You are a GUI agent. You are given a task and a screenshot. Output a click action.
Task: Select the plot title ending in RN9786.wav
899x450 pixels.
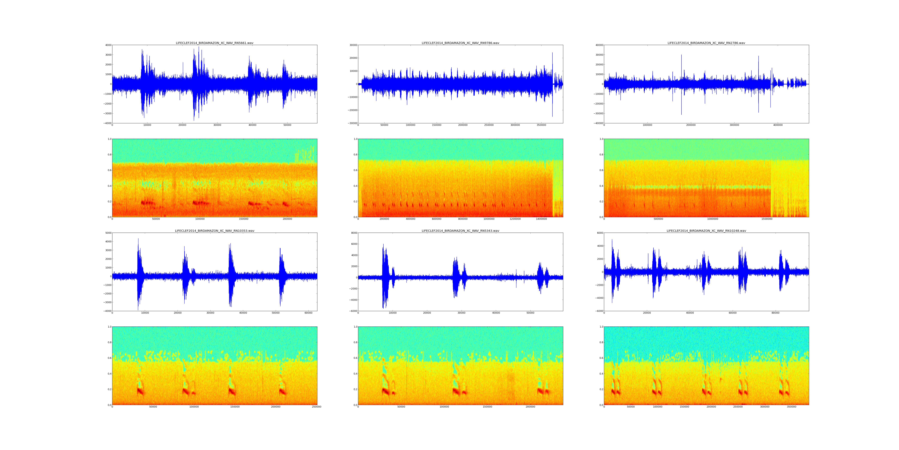pos(460,43)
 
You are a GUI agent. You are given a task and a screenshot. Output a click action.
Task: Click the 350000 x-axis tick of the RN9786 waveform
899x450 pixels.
pos(541,125)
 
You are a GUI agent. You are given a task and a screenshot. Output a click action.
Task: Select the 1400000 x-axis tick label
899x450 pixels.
pos(541,219)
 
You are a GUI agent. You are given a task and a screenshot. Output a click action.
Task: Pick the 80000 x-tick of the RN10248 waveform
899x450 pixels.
pos(775,313)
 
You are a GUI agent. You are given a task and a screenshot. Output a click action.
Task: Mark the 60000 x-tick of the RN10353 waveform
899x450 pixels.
pos(309,313)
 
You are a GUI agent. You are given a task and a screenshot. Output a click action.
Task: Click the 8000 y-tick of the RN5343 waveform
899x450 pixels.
pos(353,233)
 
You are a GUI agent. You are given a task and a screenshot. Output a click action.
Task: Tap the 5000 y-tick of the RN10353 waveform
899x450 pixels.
pos(107,233)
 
